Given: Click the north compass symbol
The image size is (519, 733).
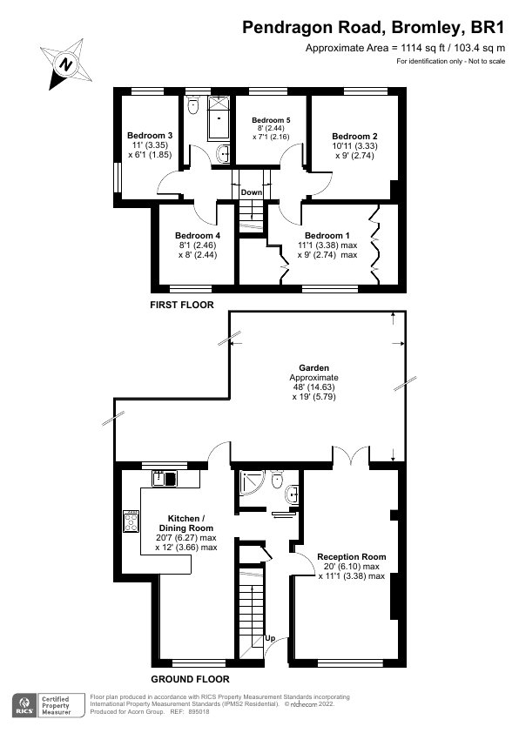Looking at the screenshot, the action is (65, 64).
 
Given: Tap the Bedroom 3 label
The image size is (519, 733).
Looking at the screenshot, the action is (150, 136).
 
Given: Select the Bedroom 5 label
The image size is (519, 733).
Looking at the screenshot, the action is (271, 120).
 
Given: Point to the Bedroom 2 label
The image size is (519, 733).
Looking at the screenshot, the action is (354, 137).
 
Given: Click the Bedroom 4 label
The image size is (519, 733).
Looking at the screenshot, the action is (198, 236).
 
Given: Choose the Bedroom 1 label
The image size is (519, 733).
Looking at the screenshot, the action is (327, 236).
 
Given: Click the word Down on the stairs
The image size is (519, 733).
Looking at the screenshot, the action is (252, 192).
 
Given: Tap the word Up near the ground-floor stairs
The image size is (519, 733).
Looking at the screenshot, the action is (270, 638).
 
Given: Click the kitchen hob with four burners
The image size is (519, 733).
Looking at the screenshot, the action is (131, 521).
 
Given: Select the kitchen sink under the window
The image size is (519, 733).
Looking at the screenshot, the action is (165, 479).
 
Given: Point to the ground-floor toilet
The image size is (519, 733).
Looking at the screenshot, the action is (277, 479).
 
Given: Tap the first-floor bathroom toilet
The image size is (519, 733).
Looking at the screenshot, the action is (192, 105).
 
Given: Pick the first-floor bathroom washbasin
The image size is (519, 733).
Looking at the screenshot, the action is (224, 153).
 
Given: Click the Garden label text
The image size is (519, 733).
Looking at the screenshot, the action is (314, 368).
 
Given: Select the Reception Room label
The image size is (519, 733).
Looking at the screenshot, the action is (352, 557).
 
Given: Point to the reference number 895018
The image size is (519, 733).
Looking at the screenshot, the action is (199, 712).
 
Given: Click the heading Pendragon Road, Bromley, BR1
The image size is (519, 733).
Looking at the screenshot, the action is (374, 28).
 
